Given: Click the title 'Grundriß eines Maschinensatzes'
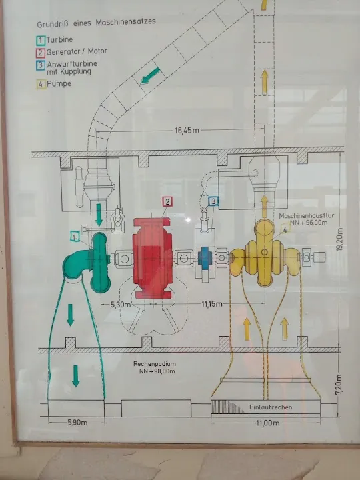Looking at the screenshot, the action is pos(97,23).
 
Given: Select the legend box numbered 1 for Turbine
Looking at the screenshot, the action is pos(41,41).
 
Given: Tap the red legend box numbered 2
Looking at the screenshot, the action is pos(41,53).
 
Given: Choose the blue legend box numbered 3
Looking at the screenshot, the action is pos(41,66).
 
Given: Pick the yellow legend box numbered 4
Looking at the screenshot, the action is pos(41,84).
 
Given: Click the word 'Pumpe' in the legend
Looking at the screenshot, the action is pos(59,83).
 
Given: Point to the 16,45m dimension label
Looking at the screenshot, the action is pos(187,131).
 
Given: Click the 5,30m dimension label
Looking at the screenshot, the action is pos(121,305).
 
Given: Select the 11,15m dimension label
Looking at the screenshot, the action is pos(212,304).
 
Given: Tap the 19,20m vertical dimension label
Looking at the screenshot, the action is pos(339,239).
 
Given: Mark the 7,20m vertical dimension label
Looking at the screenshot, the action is pos(339,384).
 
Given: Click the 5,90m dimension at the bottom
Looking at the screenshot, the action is pos(77,423).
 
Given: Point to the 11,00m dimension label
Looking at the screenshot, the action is pos(268,423).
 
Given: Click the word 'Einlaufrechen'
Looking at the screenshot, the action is pos(271,407).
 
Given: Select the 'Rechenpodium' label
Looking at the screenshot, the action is pos(155,364).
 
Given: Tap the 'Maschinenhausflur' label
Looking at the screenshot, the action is pos(307,216).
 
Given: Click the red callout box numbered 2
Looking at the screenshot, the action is pos(167,202).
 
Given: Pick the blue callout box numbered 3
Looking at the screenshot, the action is pos(214,201).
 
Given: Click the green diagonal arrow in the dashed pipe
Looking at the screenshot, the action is pos(150,75).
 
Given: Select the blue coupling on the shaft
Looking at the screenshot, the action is pos(205,257).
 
